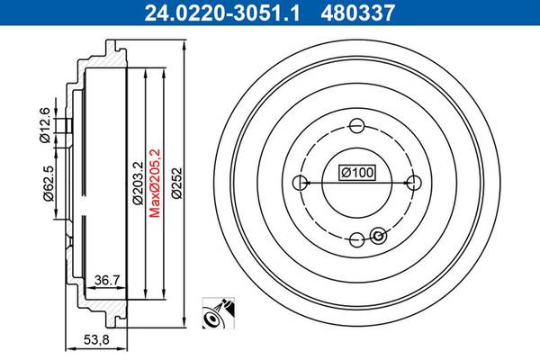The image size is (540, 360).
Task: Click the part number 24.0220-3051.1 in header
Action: [x=222, y=13]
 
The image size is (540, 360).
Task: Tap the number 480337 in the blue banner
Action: [x=357, y=13]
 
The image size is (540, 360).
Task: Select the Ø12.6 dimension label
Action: [x=45, y=125]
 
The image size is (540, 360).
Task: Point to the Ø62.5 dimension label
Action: [x=48, y=184]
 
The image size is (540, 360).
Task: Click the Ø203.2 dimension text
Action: [x=138, y=183]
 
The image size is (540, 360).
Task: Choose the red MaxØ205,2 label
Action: [x=155, y=183]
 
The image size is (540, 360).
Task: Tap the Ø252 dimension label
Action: [x=176, y=183]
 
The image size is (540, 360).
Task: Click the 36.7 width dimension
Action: [x=107, y=280]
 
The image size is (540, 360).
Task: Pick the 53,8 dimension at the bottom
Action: [x=96, y=339]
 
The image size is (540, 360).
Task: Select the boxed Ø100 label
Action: [x=357, y=172]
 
